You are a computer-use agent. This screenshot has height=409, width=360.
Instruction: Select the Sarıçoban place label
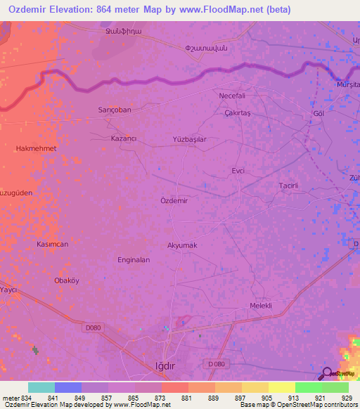click(114, 110)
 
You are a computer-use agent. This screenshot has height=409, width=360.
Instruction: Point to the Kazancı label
click(124, 139)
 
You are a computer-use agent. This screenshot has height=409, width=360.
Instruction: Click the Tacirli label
click(289, 186)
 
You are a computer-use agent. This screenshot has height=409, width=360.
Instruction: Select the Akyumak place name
click(181, 245)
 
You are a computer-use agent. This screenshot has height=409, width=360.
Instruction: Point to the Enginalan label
click(134, 259)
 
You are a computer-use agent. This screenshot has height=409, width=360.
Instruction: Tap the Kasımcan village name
click(52, 244)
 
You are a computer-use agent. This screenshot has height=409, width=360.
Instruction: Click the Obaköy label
click(67, 280)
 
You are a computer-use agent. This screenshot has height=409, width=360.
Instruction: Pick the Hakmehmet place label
click(35, 149)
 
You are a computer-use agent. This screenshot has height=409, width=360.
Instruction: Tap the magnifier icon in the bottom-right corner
click(328, 374)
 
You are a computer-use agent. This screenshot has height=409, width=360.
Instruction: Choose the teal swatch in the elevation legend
click(41, 387)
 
